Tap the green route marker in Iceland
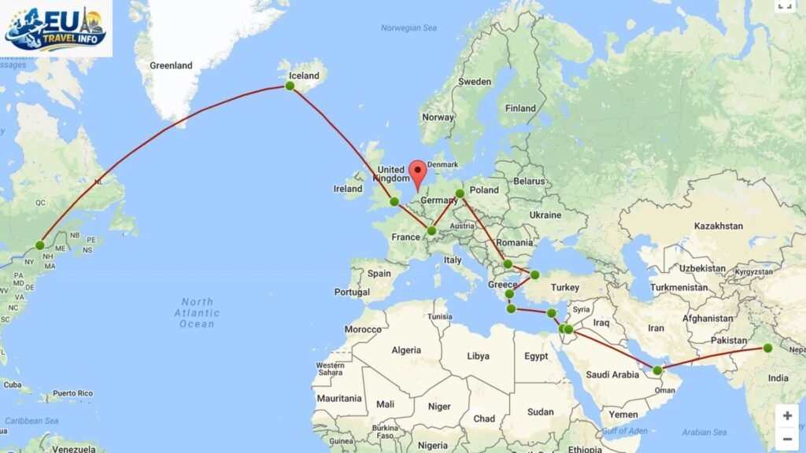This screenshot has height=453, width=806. [290, 86]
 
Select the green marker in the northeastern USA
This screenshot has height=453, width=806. [40, 245]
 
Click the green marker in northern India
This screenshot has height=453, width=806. [767, 348]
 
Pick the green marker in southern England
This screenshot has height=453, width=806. [394, 201]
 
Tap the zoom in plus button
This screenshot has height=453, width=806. [787, 416]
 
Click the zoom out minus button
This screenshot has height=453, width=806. [787, 439]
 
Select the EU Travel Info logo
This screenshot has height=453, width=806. [55, 29]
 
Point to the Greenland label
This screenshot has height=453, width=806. [171, 66]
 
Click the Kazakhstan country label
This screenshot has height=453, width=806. [719, 226]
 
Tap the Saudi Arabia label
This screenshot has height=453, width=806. [615, 375]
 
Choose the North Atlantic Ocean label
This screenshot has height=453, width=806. [197, 313]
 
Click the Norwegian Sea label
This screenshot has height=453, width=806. [408, 28]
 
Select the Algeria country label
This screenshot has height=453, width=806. [407, 349]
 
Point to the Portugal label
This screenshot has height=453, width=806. [351, 292]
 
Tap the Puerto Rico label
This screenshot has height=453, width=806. [73, 393]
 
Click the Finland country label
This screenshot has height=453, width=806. [520, 109]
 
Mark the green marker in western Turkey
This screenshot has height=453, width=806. [534, 274]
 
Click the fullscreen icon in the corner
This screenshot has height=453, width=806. [785, 5]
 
